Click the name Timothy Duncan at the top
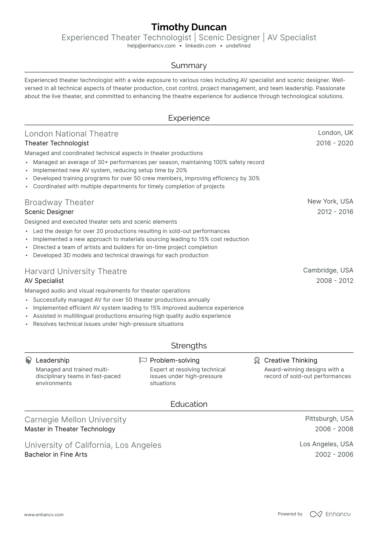(x=189, y=27)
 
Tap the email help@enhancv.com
(x=151, y=46)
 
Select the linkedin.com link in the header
(x=201, y=46)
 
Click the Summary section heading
(x=189, y=66)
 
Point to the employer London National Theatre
(x=71, y=134)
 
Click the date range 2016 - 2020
(x=335, y=143)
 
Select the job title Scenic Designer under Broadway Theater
(x=49, y=212)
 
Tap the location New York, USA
(x=330, y=201)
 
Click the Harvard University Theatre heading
(x=76, y=271)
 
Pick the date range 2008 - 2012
(x=335, y=281)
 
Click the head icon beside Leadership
(x=28, y=360)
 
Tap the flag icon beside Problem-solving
(x=143, y=360)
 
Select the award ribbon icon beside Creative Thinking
(x=257, y=360)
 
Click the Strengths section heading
(x=189, y=346)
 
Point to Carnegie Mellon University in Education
(x=75, y=420)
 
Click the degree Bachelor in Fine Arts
(x=56, y=455)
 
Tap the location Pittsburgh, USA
(x=329, y=419)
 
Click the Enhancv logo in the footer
(x=330, y=514)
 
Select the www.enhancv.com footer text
(x=44, y=515)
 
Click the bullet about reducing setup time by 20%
(x=110, y=170)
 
